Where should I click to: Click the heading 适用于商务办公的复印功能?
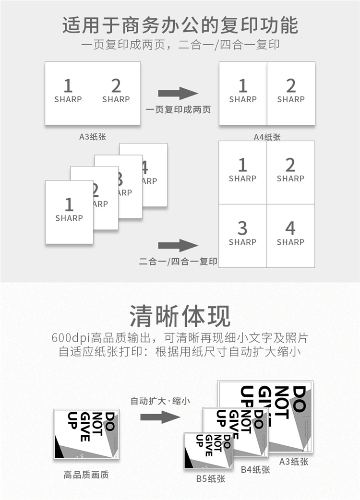coord(180,25)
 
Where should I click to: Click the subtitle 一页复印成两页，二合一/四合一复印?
coord(180,45)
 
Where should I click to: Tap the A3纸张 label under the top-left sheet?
coord(93,137)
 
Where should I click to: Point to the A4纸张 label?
coord(267,137)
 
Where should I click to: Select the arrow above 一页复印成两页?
coord(178,93)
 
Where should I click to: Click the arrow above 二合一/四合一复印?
coord(178,245)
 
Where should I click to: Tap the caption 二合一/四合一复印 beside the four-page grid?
coord(178,262)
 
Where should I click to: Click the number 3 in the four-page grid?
coord(242,228)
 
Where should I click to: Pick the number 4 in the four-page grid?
coord(290,228)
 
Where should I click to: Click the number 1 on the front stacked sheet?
coord(69,204)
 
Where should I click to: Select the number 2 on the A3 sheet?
coord(116,86)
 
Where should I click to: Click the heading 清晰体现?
coord(180,316)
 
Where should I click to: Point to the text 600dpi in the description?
coord(71,338)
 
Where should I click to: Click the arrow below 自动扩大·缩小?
coord(160,417)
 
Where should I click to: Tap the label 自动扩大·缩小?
coord(160,401)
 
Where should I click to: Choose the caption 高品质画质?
coord(86,475)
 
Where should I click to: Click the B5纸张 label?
coord(211,478)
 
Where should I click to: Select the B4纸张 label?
coord(255,469)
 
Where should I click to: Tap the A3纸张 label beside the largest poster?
coord(294,462)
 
